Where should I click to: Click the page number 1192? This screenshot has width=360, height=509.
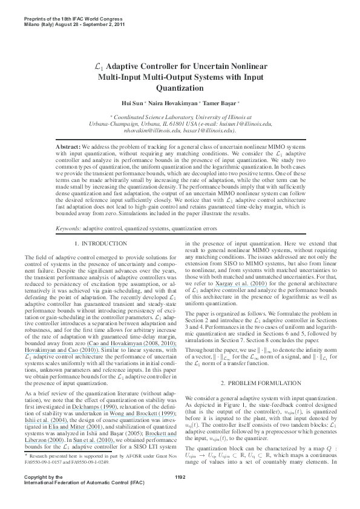point(180,494)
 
